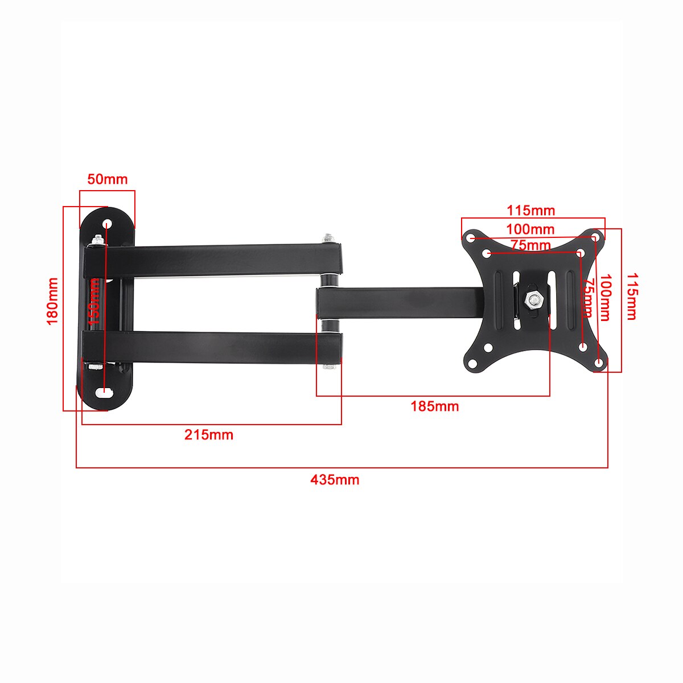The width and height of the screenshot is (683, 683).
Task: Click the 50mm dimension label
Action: tap(108, 179)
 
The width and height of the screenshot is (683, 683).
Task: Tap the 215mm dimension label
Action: tap(209, 435)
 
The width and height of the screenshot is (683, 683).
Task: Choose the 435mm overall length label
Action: tap(335, 480)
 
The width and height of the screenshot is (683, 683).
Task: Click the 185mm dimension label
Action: tap(435, 406)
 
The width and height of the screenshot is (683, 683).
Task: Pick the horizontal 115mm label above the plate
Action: tap(530, 211)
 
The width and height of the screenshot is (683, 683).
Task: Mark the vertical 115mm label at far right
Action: tap(631, 297)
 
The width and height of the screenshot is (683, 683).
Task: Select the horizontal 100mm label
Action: tap(530, 229)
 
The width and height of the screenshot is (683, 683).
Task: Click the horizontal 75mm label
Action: tap(530, 245)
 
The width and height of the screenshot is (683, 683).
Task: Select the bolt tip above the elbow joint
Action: tap(328, 237)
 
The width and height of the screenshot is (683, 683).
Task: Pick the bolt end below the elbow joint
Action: tap(328, 367)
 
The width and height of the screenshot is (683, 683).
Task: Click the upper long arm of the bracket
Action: tap(216, 259)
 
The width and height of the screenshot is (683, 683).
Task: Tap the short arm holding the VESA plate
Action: tap(398, 302)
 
